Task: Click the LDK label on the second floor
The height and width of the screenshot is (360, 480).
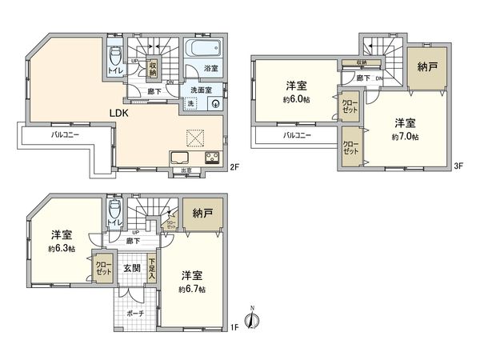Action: coord(120,113)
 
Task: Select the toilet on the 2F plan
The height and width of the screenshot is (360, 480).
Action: coord(115,57)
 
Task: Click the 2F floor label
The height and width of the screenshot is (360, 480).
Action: coord(234,168)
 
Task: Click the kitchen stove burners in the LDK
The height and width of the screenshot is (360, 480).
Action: coord(213,157)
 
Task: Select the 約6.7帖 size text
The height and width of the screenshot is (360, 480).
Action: coord(193,289)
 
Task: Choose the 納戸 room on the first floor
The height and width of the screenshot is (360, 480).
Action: coord(200,214)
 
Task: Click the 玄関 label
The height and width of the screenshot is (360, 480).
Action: coord(131,268)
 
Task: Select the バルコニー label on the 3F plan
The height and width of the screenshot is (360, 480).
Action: coord(297,135)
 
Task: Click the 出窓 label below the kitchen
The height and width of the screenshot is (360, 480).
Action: coord(186,170)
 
